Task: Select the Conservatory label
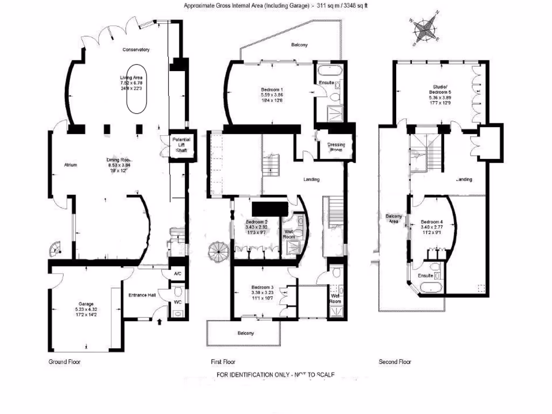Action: tap(135, 50)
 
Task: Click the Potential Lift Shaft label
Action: tap(181, 145)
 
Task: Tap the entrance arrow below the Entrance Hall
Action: tap(160, 323)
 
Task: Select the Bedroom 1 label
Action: tap(272, 89)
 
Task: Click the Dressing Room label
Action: tap(336, 147)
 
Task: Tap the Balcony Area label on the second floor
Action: tap(394, 218)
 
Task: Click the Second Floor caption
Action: tap(395, 362)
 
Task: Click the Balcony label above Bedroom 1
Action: tap(299, 45)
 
